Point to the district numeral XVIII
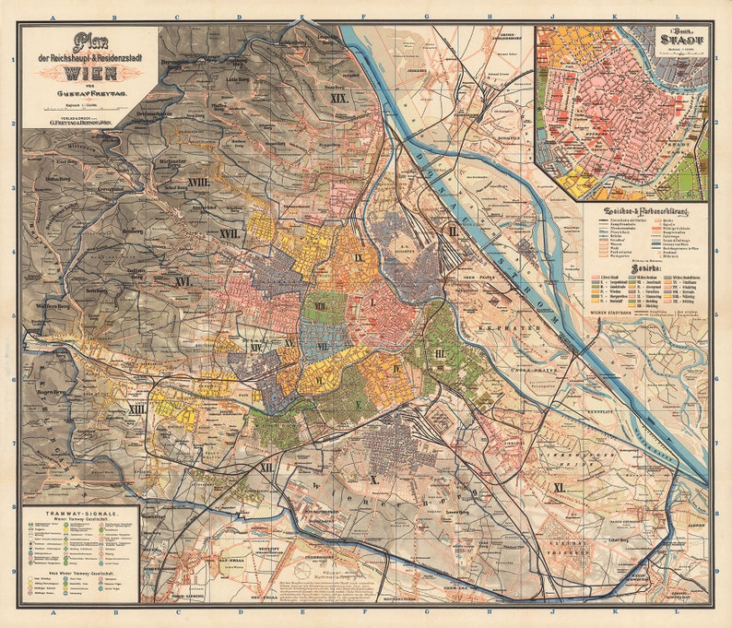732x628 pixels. (x=197, y=184)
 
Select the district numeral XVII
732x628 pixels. (x=230, y=234)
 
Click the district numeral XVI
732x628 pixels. (x=183, y=280)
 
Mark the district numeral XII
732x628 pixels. (x=266, y=468)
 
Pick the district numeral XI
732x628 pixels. (x=559, y=486)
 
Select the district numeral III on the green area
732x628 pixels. (x=440, y=353)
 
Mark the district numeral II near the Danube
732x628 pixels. (x=453, y=231)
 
